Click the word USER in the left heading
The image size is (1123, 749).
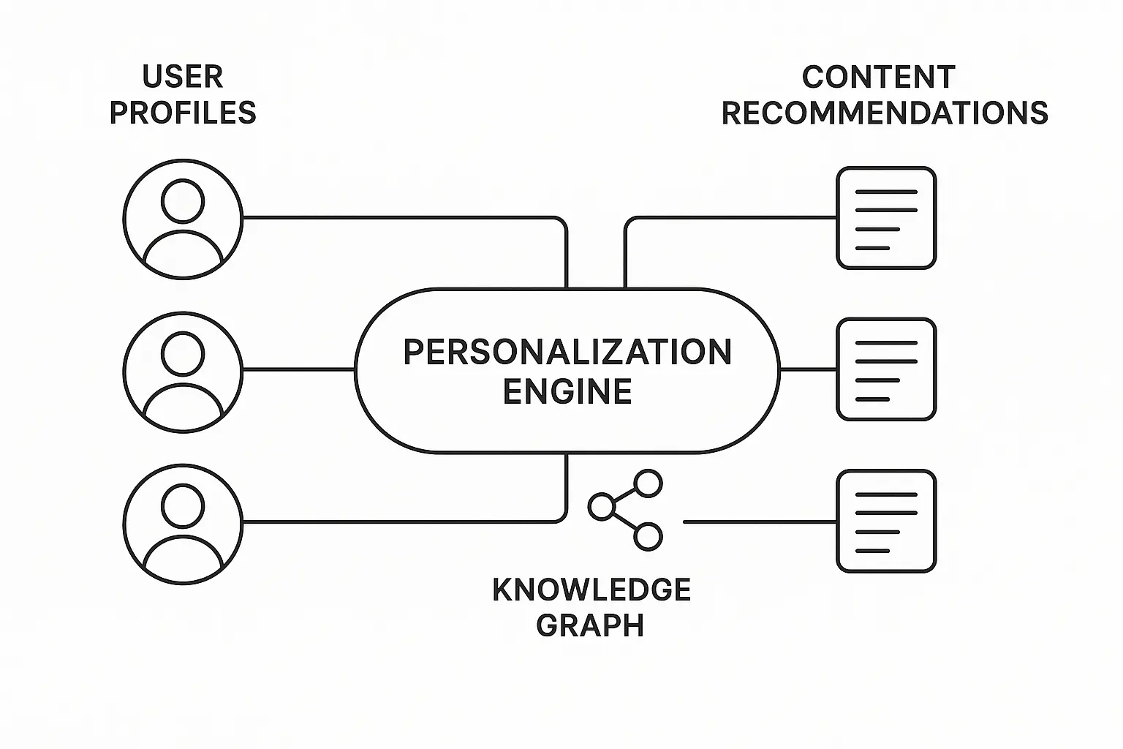tap(183, 77)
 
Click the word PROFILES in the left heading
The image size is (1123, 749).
tap(183, 113)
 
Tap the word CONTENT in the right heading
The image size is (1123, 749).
tap(878, 77)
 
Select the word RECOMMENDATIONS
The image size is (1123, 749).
tap(885, 113)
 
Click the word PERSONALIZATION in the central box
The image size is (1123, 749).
tap(567, 353)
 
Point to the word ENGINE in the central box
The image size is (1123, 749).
tap(567, 391)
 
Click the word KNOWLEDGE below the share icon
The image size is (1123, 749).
tap(591, 590)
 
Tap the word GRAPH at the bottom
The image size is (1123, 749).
tap(590, 626)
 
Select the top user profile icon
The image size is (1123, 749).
tap(183, 219)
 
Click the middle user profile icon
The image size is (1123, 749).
tap(183, 372)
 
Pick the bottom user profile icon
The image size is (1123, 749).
tap(183, 524)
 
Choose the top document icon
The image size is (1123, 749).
tap(886, 218)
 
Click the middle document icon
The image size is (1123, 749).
tap(886, 369)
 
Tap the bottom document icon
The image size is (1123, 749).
tap(886, 522)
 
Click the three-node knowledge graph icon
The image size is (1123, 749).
tap(626, 510)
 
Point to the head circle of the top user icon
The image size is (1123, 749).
tap(183, 200)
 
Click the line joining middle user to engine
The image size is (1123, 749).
tap(298, 369)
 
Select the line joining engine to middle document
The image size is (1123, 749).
tap(808, 369)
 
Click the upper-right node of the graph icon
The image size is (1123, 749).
tap(648, 483)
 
